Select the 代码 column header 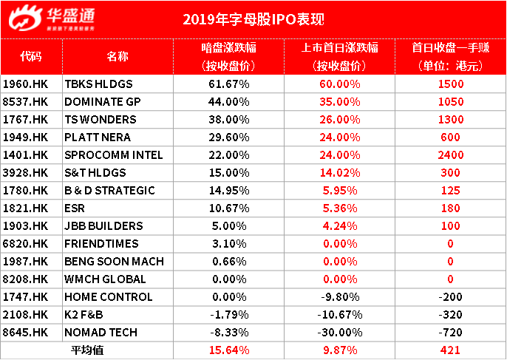(x=32, y=56)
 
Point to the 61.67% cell (x=229, y=84)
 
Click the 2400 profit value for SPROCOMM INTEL (x=450, y=155)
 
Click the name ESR (x=76, y=208)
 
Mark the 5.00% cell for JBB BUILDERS (x=229, y=226)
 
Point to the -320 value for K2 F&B (x=450, y=315)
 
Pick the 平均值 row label (x=86, y=350)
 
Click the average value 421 (x=450, y=350)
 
